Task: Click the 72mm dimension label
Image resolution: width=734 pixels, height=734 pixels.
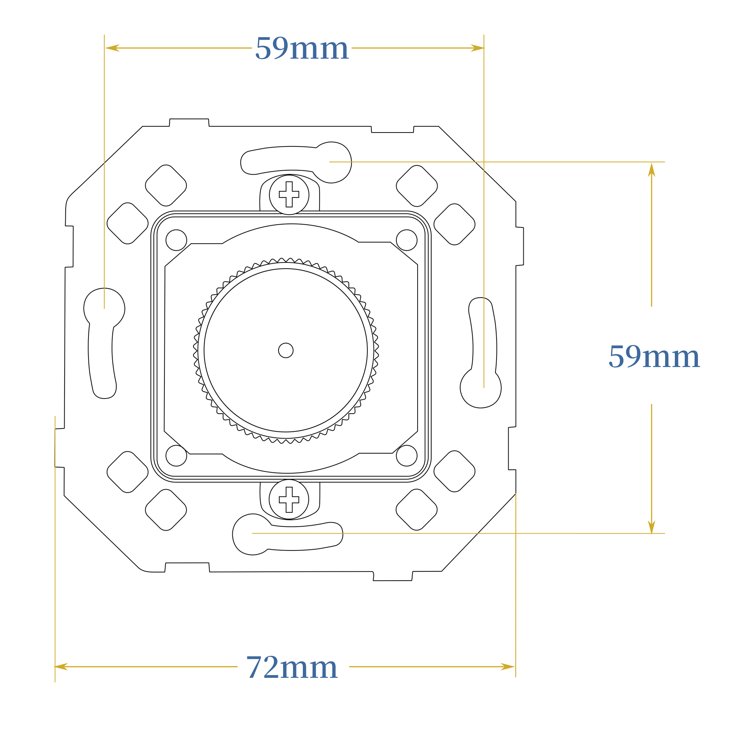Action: (x=292, y=667)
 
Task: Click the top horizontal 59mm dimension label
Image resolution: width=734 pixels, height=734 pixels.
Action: (x=302, y=48)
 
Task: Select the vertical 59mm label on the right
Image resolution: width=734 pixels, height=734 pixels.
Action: (x=654, y=356)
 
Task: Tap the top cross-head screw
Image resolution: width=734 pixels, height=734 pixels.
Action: (x=289, y=195)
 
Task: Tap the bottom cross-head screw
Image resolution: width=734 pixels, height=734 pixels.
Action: (x=289, y=499)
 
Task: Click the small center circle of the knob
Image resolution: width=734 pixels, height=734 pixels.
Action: (x=286, y=350)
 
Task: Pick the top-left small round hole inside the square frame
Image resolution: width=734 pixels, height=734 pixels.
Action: (x=176, y=240)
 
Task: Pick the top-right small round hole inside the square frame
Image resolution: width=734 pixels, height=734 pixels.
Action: (x=407, y=240)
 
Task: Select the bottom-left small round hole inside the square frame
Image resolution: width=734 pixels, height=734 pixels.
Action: (x=176, y=455)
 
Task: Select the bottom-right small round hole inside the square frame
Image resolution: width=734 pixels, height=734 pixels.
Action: (x=407, y=455)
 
